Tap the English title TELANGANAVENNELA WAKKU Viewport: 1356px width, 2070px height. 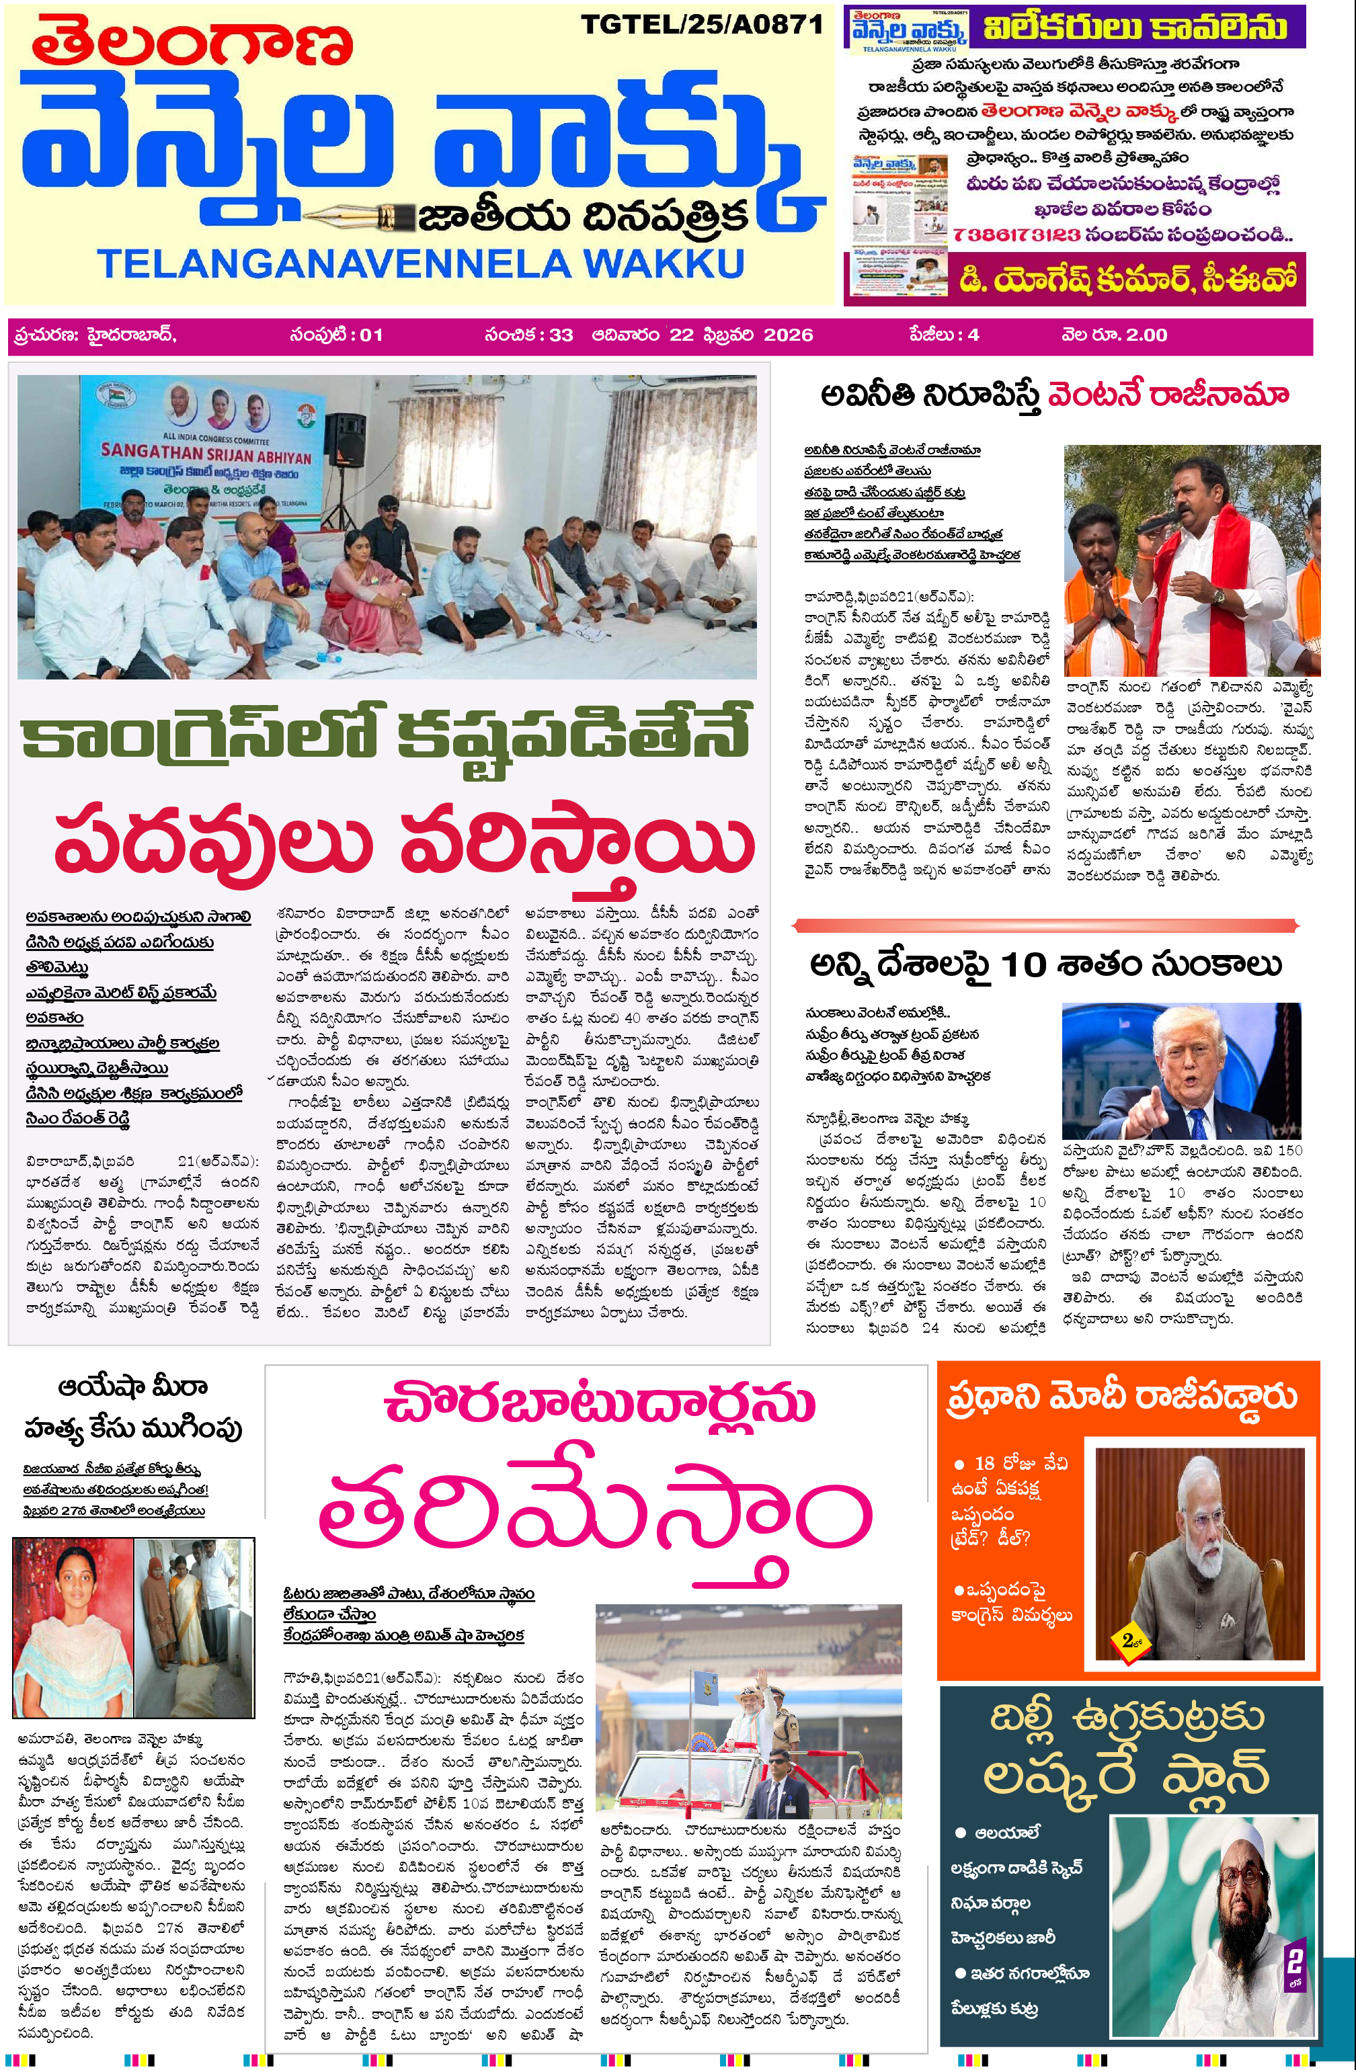[x=420, y=263]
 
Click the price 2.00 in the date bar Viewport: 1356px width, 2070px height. [x=1146, y=335]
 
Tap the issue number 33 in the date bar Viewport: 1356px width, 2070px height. [x=561, y=335]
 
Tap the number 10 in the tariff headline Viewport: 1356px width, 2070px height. [x=1023, y=965]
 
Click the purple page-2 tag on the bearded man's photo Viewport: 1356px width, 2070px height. [x=1294, y=1964]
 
